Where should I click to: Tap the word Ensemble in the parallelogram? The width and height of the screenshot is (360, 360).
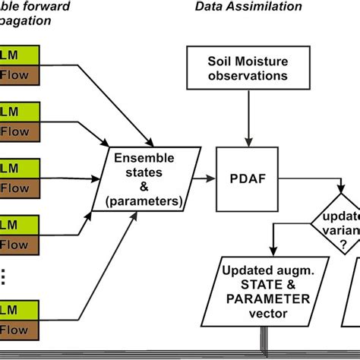[x=144, y=158]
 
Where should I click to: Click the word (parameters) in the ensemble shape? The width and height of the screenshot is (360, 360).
[x=144, y=202]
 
